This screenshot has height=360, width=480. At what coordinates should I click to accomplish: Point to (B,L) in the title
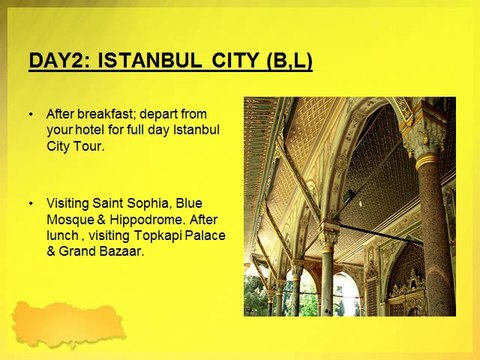point(289,61)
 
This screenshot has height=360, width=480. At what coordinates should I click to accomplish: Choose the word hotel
point(90,130)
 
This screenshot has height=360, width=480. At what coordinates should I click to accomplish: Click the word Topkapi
point(158,236)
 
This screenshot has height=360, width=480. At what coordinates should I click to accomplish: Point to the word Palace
point(205,235)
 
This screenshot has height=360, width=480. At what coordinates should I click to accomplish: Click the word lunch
point(62,235)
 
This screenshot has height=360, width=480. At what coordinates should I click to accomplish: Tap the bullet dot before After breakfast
point(31,115)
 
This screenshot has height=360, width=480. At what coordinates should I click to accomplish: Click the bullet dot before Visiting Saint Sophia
point(31,204)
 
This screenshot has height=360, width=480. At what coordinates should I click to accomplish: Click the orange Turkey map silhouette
point(68,323)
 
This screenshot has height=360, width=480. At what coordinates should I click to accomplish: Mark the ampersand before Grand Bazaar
point(51,251)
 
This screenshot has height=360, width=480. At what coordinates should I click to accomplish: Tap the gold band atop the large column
point(428,160)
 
